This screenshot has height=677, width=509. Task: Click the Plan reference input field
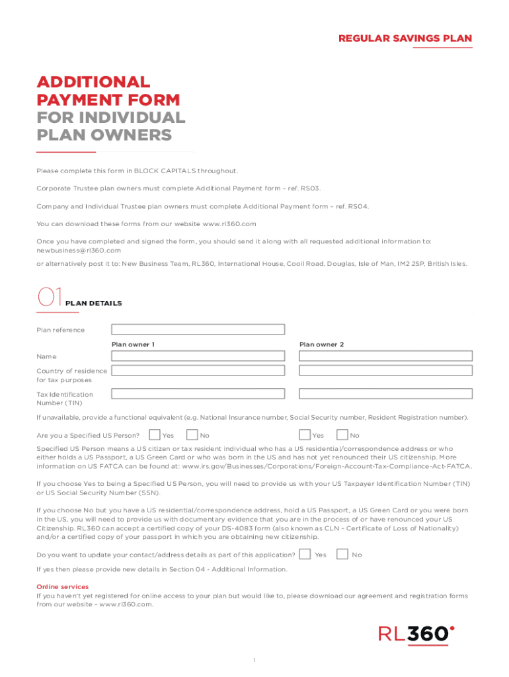coord(198,329)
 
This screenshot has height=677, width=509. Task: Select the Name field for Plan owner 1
coord(198,356)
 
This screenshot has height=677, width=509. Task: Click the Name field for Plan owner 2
coord(385,356)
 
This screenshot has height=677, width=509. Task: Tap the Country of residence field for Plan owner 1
coord(198,372)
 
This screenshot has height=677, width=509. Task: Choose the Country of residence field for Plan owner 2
coord(385,372)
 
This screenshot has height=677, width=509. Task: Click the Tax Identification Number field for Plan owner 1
coord(198,394)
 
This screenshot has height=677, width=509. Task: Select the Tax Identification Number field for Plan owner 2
coord(385,394)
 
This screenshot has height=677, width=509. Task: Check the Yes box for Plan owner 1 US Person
coord(154,435)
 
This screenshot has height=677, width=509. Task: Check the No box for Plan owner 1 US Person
coord(192,435)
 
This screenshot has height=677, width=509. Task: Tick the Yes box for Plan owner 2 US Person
coord(305,435)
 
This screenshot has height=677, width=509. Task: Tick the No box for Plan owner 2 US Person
coord(342,435)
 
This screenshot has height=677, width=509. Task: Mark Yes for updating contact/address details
coord(305,554)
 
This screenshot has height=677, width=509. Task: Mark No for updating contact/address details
coord(342,554)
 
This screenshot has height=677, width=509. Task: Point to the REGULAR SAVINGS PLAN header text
coord(405,38)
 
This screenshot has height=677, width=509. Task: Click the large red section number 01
coord(50,298)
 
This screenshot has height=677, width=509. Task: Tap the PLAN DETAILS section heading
coord(93,303)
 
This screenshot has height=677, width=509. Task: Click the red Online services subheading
coord(62,587)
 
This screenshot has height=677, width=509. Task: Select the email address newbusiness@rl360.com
coord(79,251)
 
